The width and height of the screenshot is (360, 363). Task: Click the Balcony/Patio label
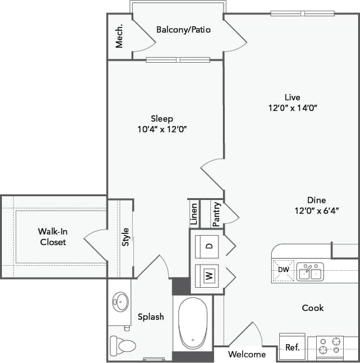point(183,29)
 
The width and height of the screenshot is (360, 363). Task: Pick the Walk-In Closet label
point(53,236)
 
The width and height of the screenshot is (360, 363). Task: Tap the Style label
point(125,236)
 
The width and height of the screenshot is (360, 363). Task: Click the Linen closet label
point(194,214)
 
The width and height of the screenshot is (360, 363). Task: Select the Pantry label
point(215,214)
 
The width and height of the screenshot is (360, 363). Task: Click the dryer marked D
point(209,245)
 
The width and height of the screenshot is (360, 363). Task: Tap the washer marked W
point(209,275)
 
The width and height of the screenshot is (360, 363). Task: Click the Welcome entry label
point(246,354)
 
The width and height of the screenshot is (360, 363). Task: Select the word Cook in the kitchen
point(312,308)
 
